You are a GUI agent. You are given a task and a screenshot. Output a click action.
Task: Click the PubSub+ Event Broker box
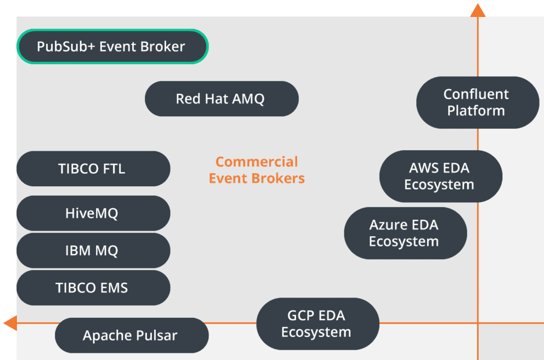click(111, 47)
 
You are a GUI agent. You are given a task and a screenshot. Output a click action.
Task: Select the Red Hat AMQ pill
click(221, 99)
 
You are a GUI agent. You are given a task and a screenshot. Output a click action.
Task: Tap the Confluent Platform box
click(477, 102)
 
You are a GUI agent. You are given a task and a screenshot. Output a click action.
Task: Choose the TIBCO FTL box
click(93, 169)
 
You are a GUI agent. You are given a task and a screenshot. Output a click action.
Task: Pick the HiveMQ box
click(93, 213)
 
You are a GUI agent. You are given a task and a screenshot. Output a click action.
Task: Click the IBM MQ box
click(93, 250)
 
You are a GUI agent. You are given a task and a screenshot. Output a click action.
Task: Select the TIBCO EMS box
click(93, 288)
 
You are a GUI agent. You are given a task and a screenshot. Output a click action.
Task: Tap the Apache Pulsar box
click(131, 335)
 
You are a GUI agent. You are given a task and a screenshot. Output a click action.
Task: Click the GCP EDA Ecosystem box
click(317, 324)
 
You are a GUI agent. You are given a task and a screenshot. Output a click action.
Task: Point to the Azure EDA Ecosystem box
click(405, 233)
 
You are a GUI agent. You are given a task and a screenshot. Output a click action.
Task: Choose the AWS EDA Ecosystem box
click(440, 176)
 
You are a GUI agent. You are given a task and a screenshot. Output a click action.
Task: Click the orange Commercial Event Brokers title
click(257, 170)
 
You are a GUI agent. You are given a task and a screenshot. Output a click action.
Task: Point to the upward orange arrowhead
click(478, 9)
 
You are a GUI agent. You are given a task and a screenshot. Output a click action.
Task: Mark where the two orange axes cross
click(478, 323)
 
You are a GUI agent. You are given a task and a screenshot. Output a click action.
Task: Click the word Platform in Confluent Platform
click(476, 111)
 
